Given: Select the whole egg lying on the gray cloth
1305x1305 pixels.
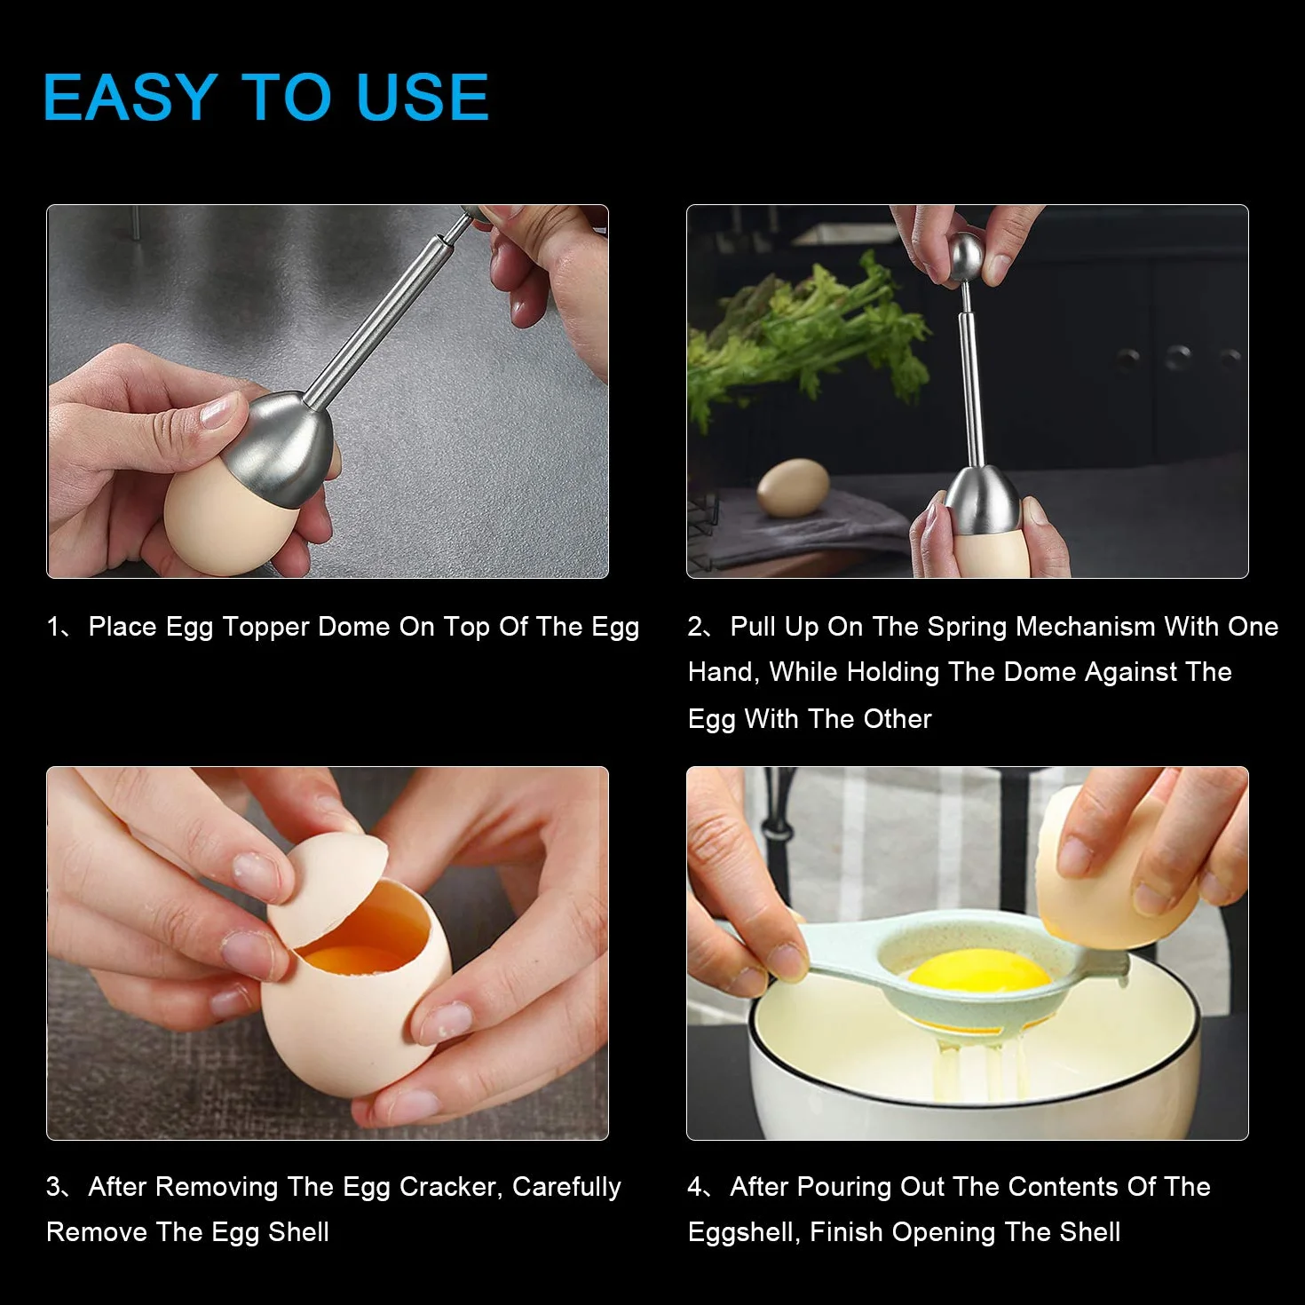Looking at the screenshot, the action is point(793,486).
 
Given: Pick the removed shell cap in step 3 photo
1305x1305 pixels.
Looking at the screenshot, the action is point(328,887).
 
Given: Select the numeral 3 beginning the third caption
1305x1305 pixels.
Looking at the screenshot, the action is point(53,1187).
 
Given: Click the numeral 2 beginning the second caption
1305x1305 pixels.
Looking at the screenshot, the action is point(695,627).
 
